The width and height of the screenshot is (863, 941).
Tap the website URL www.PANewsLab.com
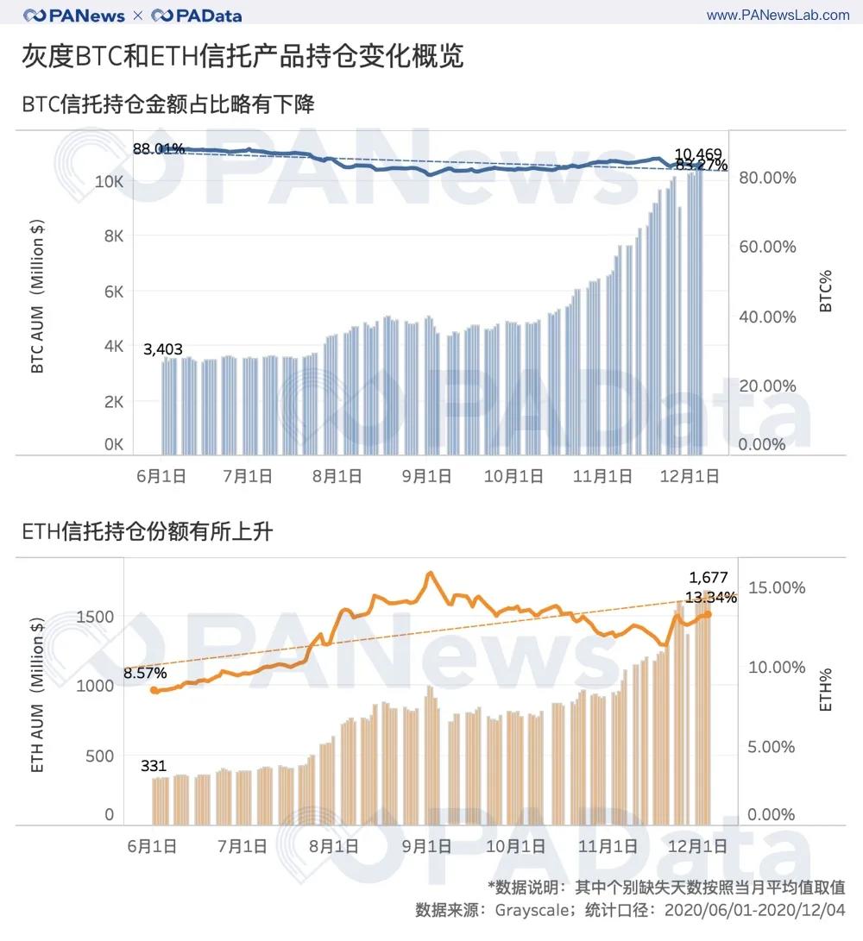coord(778,15)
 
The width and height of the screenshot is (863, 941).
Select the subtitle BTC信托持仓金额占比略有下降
coord(168,105)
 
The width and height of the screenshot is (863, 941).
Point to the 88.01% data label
coord(159,148)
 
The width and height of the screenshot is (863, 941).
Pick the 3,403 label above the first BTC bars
coord(162,348)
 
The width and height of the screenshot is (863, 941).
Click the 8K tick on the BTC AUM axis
coord(114,236)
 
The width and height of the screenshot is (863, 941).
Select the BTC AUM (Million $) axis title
coord(38,298)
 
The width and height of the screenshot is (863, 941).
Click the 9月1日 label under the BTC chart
coord(426,476)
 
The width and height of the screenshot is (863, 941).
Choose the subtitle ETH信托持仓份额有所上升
coord(147,532)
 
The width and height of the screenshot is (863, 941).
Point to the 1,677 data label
coord(709,578)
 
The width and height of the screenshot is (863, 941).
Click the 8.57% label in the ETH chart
coord(145,673)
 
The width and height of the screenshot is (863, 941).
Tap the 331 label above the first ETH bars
coord(154,765)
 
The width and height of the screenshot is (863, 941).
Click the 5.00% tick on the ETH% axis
coord(771,746)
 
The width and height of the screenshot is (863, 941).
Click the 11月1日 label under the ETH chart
coord(608,846)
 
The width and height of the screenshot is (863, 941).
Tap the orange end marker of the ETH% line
coord(708,614)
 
